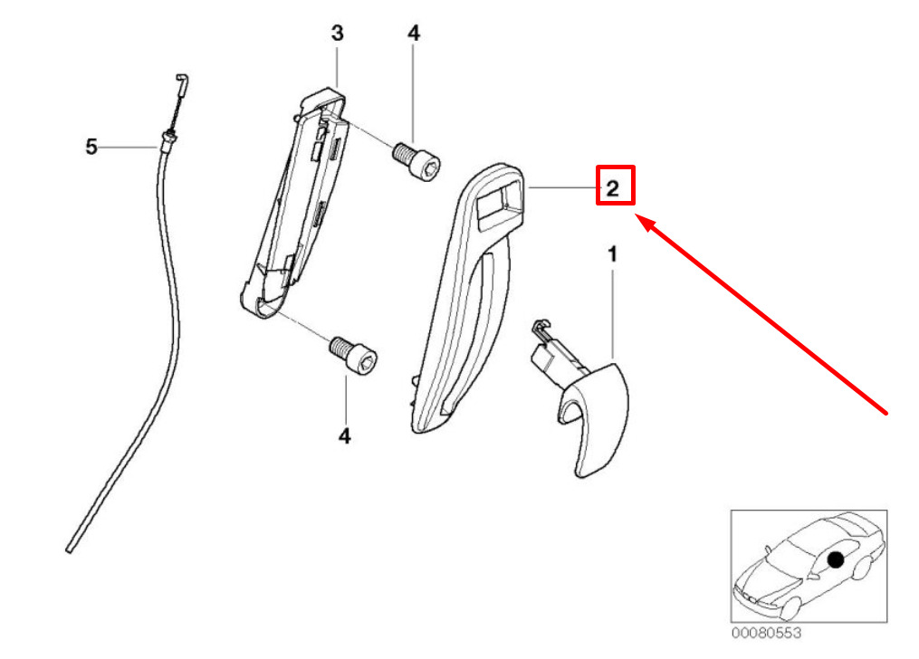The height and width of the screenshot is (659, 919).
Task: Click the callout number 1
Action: (x=612, y=256)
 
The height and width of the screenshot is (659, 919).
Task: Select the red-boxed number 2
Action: (x=613, y=188)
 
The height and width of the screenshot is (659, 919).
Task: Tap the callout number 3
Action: (x=337, y=34)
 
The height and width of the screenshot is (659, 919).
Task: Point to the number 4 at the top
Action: (x=414, y=34)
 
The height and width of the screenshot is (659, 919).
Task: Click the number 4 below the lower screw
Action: (x=344, y=436)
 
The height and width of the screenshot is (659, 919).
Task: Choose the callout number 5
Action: (x=91, y=146)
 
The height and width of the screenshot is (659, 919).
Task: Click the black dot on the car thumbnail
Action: (x=835, y=561)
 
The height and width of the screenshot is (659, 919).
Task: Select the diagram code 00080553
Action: (x=767, y=635)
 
